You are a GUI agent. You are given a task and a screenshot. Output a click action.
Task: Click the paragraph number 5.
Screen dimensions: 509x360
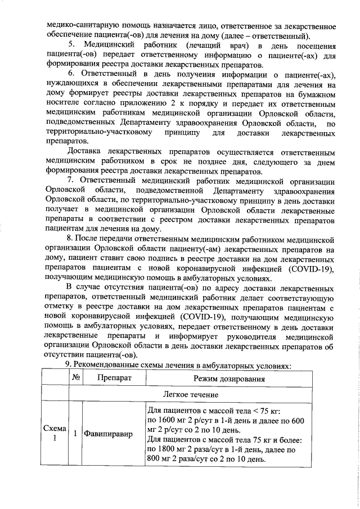pyautogui.click(x=71, y=44)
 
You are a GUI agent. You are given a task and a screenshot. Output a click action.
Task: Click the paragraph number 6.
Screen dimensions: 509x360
pyautogui.click(x=71, y=74)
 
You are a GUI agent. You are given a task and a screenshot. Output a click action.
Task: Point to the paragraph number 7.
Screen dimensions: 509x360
pyautogui.click(x=71, y=180)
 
